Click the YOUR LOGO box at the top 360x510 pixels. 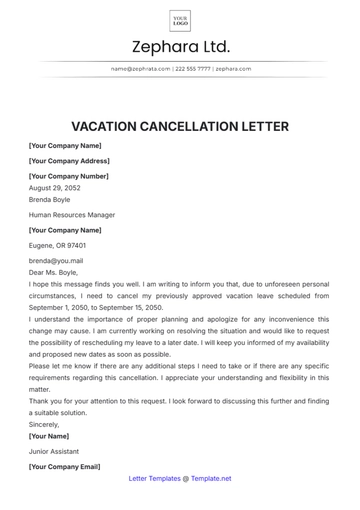pyautogui.click(x=180, y=20)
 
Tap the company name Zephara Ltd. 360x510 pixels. pyautogui.click(x=180, y=47)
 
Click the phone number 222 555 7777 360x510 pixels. pyautogui.click(x=193, y=69)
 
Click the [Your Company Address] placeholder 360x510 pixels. pyautogui.click(x=69, y=160)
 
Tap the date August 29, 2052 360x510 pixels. pyautogui.click(x=55, y=187)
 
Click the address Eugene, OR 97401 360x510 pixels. pyautogui.click(x=57, y=245)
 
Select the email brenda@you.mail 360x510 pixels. pyautogui.click(x=55, y=260)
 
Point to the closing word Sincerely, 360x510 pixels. pyautogui.click(x=44, y=424)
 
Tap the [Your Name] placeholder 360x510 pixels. pyautogui.click(x=49, y=436)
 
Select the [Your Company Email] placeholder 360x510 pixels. pyautogui.click(x=64, y=466)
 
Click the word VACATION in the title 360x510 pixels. pyautogui.click(x=106, y=126)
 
